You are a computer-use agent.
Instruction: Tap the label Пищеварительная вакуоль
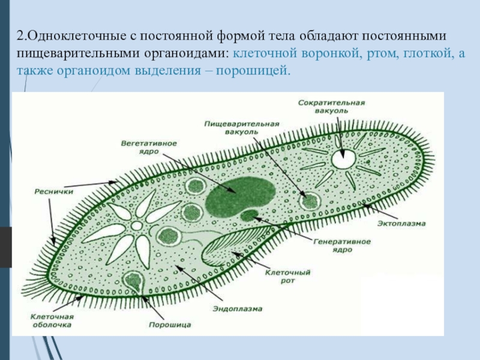coord(241,127)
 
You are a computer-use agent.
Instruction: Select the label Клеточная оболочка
coord(52,320)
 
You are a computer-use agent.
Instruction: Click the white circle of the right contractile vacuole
coord(343,159)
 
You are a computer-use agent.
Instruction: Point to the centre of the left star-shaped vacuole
coord(137,226)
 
